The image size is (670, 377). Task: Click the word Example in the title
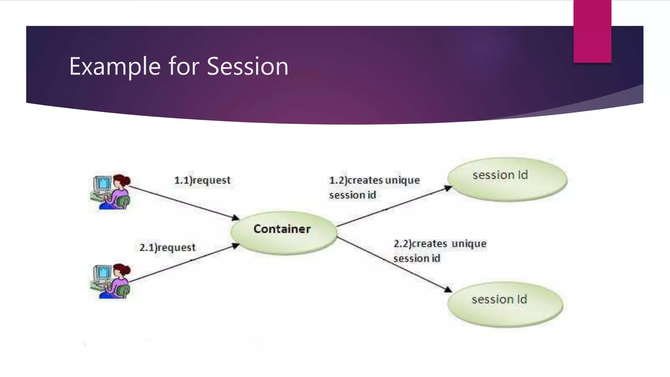[x=115, y=66]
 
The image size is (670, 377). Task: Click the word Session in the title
[x=247, y=66]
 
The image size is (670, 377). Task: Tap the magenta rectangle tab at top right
[x=592, y=31]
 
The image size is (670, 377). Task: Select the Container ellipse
[x=283, y=233]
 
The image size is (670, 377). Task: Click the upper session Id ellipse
[x=507, y=179]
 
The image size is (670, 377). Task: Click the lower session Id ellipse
[x=505, y=304]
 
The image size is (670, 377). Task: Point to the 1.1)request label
[x=202, y=180]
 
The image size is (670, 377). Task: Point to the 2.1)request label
[x=167, y=247]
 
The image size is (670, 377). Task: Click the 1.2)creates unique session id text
[x=374, y=188]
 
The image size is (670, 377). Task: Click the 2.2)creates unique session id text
[x=439, y=251]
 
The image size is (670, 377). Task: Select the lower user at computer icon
[x=111, y=281]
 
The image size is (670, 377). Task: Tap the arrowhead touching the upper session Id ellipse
[x=448, y=188]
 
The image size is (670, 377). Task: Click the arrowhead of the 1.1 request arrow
[x=236, y=218]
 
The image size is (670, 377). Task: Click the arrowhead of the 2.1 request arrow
[x=236, y=246]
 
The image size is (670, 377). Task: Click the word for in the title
[x=184, y=66]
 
